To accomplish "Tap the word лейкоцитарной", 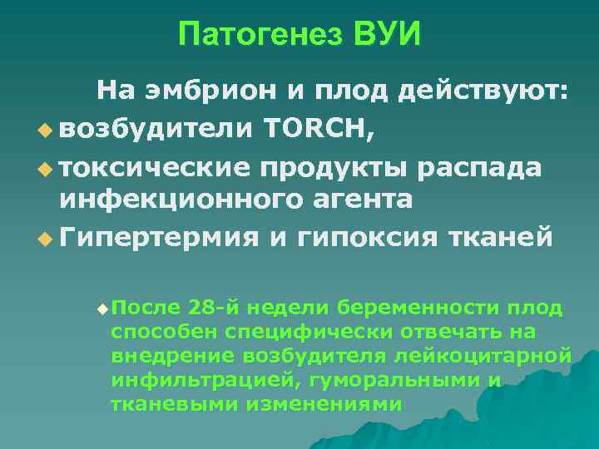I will coord(498,357).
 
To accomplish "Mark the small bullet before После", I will coord(101,309).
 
